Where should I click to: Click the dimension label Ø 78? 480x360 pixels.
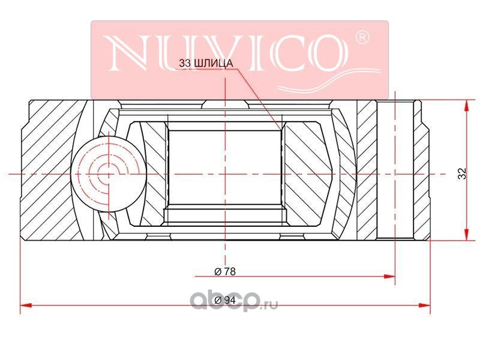[x=225, y=272]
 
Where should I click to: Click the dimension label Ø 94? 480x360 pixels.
[x=225, y=301]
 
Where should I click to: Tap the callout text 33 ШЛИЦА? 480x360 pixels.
[x=206, y=64]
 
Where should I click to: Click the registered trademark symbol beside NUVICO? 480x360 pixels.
[x=362, y=38]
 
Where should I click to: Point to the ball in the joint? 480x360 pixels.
[x=108, y=173]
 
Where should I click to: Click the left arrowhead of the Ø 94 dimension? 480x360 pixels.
[x=26, y=305]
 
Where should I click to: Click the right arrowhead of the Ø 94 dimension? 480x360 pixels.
[x=425, y=305]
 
